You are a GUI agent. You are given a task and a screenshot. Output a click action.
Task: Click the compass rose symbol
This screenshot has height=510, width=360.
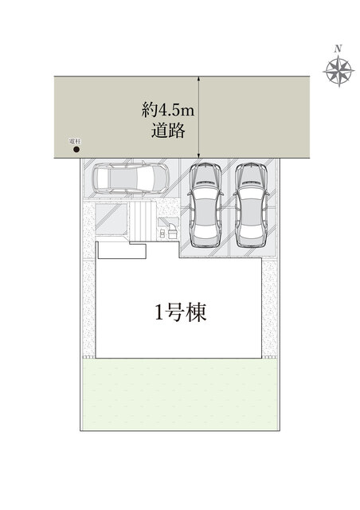click(x=339, y=72)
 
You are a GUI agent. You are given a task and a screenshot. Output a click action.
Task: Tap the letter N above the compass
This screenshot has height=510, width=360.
click(x=339, y=49)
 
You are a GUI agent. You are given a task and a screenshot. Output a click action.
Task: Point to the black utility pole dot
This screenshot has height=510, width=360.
click(x=76, y=149)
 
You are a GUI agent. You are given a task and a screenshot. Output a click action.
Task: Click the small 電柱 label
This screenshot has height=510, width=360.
click(x=75, y=141)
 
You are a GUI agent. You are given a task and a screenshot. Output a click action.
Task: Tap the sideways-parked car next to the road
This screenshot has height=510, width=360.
click(x=130, y=179)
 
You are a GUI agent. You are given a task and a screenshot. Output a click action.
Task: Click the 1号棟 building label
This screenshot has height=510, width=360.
click(x=181, y=312)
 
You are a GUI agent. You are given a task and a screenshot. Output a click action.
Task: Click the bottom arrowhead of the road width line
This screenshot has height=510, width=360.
click(x=198, y=157)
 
